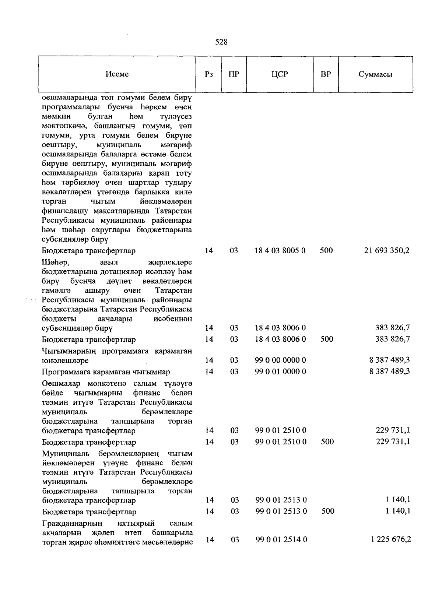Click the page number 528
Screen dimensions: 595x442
pyautogui.click(x=221, y=42)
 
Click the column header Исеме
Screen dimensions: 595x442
pyautogui.click(x=117, y=74)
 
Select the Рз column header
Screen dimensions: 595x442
pyautogui.click(x=208, y=74)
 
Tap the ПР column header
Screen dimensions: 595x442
pyautogui.click(x=234, y=74)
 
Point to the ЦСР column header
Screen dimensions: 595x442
pyautogui.click(x=280, y=74)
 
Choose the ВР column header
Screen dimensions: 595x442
pyautogui.click(x=326, y=74)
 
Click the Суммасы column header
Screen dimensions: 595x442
pyautogui.click(x=375, y=74)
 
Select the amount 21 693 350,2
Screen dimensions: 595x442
pyautogui.click(x=387, y=251)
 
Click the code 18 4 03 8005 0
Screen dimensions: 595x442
pyautogui.click(x=280, y=251)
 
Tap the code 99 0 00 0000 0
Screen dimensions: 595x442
pyautogui.click(x=280, y=360)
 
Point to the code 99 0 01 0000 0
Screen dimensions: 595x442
pyautogui.click(x=280, y=371)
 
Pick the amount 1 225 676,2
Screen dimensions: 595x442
pyautogui.click(x=391, y=539)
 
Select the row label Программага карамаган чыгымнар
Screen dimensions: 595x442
pyautogui.click(x=106, y=372)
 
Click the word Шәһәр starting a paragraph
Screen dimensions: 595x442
pyautogui.click(x=56, y=263)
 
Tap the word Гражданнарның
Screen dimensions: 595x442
pyautogui.click(x=73, y=523)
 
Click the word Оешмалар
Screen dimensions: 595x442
pyautogui.click(x=60, y=384)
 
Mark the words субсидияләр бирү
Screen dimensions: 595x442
pyautogui.click(x=75, y=240)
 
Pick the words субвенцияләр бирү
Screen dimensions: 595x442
pyautogui.click(x=77, y=328)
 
